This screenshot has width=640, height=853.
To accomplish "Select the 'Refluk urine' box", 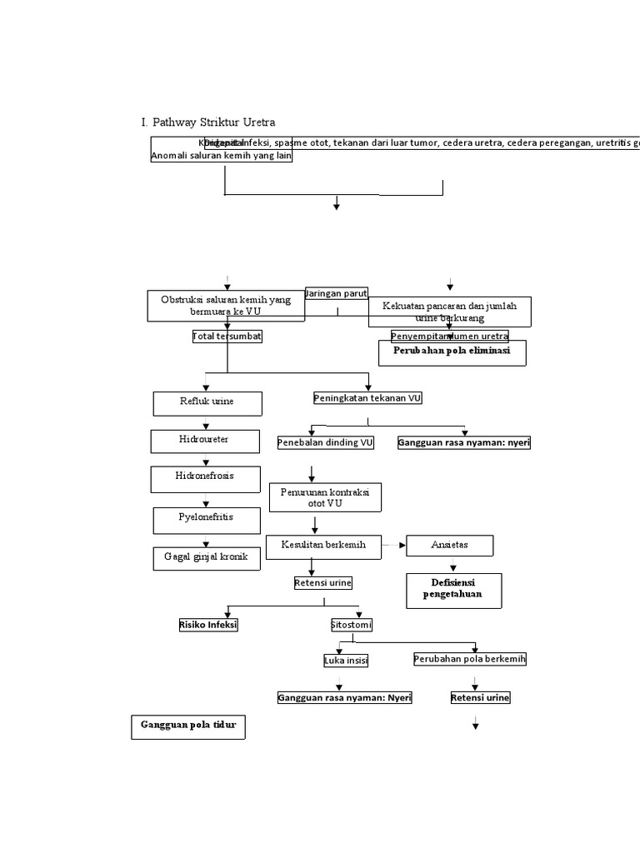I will (x=207, y=403).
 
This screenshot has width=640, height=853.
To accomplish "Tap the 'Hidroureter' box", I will (x=204, y=441).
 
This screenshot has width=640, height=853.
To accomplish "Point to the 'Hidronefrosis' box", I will (x=204, y=478).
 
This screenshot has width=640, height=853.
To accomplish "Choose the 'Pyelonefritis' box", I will (x=207, y=520).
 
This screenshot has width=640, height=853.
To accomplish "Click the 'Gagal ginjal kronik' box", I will (x=207, y=558).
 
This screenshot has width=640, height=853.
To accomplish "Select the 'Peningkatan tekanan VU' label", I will (x=367, y=398).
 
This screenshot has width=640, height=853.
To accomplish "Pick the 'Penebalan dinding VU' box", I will (x=326, y=443).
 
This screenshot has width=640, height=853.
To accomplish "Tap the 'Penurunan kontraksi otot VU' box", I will (x=324, y=498).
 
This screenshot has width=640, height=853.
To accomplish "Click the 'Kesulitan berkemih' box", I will (x=323, y=546).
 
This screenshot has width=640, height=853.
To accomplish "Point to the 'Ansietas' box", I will (x=449, y=546).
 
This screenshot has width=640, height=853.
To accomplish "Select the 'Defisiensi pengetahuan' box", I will (x=453, y=590).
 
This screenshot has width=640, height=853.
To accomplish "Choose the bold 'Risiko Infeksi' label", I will (x=208, y=625).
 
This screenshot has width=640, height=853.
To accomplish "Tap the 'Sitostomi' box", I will (x=352, y=625).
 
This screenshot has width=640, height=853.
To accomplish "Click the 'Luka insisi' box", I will (x=346, y=661).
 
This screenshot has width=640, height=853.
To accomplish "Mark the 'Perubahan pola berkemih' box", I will (x=470, y=659).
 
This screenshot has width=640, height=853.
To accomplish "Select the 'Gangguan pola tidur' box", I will (x=188, y=726).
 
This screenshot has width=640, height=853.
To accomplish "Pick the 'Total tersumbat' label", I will (x=227, y=337).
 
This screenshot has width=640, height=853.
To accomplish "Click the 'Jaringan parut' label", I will (x=337, y=293).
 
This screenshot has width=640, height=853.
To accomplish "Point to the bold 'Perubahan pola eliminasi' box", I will (x=452, y=353).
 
